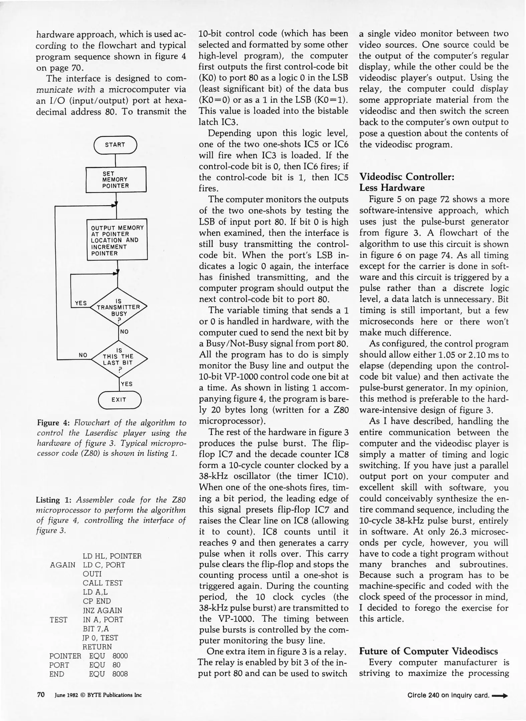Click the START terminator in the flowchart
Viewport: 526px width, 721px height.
point(115,145)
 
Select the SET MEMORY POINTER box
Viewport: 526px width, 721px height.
point(116,180)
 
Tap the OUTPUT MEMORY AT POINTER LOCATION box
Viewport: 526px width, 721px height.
point(117,240)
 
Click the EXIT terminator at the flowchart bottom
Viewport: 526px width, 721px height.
point(119,400)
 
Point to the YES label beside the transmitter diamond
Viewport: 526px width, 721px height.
point(81,303)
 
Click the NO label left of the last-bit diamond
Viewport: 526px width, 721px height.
point(83,355)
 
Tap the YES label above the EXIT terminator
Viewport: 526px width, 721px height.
point(127,384)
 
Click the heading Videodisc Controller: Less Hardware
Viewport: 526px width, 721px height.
point(406,182)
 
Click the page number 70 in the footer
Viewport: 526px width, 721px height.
point(41,695)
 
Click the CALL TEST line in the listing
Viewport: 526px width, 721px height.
point(103,583)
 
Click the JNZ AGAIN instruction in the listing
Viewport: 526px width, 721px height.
point(102,610)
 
